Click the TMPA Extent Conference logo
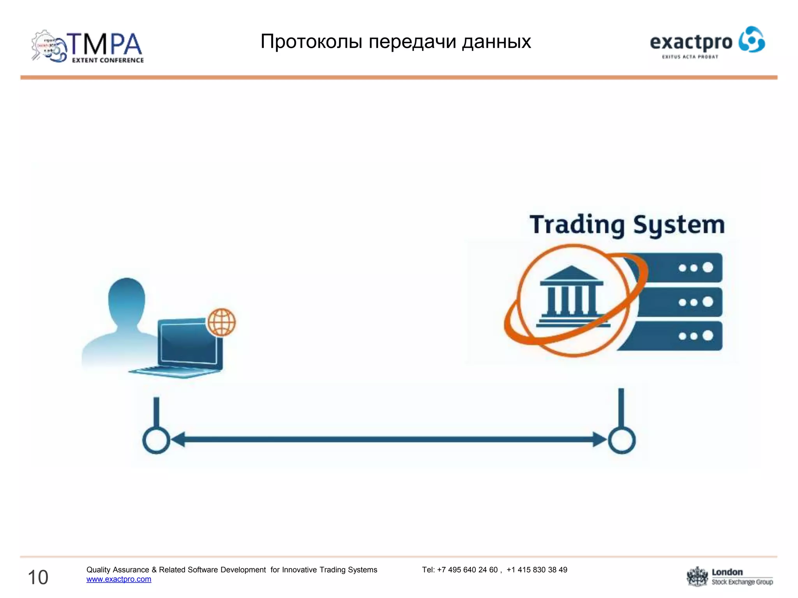click(x=88, y=47)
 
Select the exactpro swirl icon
click(x=752, y=39)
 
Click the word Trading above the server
click(x=577, y=225)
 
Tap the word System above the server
click(x=679, y=225)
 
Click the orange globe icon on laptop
click(x=221, y=322)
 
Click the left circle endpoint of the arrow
click(x=156, y=440)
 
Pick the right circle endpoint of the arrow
click(x=622, y=440)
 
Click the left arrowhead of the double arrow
click(x=178, y=440)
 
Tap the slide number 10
click(x=38, y=577)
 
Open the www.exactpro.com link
click(x=119, y=579)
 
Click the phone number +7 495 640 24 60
click(x=467, y=570)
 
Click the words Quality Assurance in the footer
click(x=118, y=570)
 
